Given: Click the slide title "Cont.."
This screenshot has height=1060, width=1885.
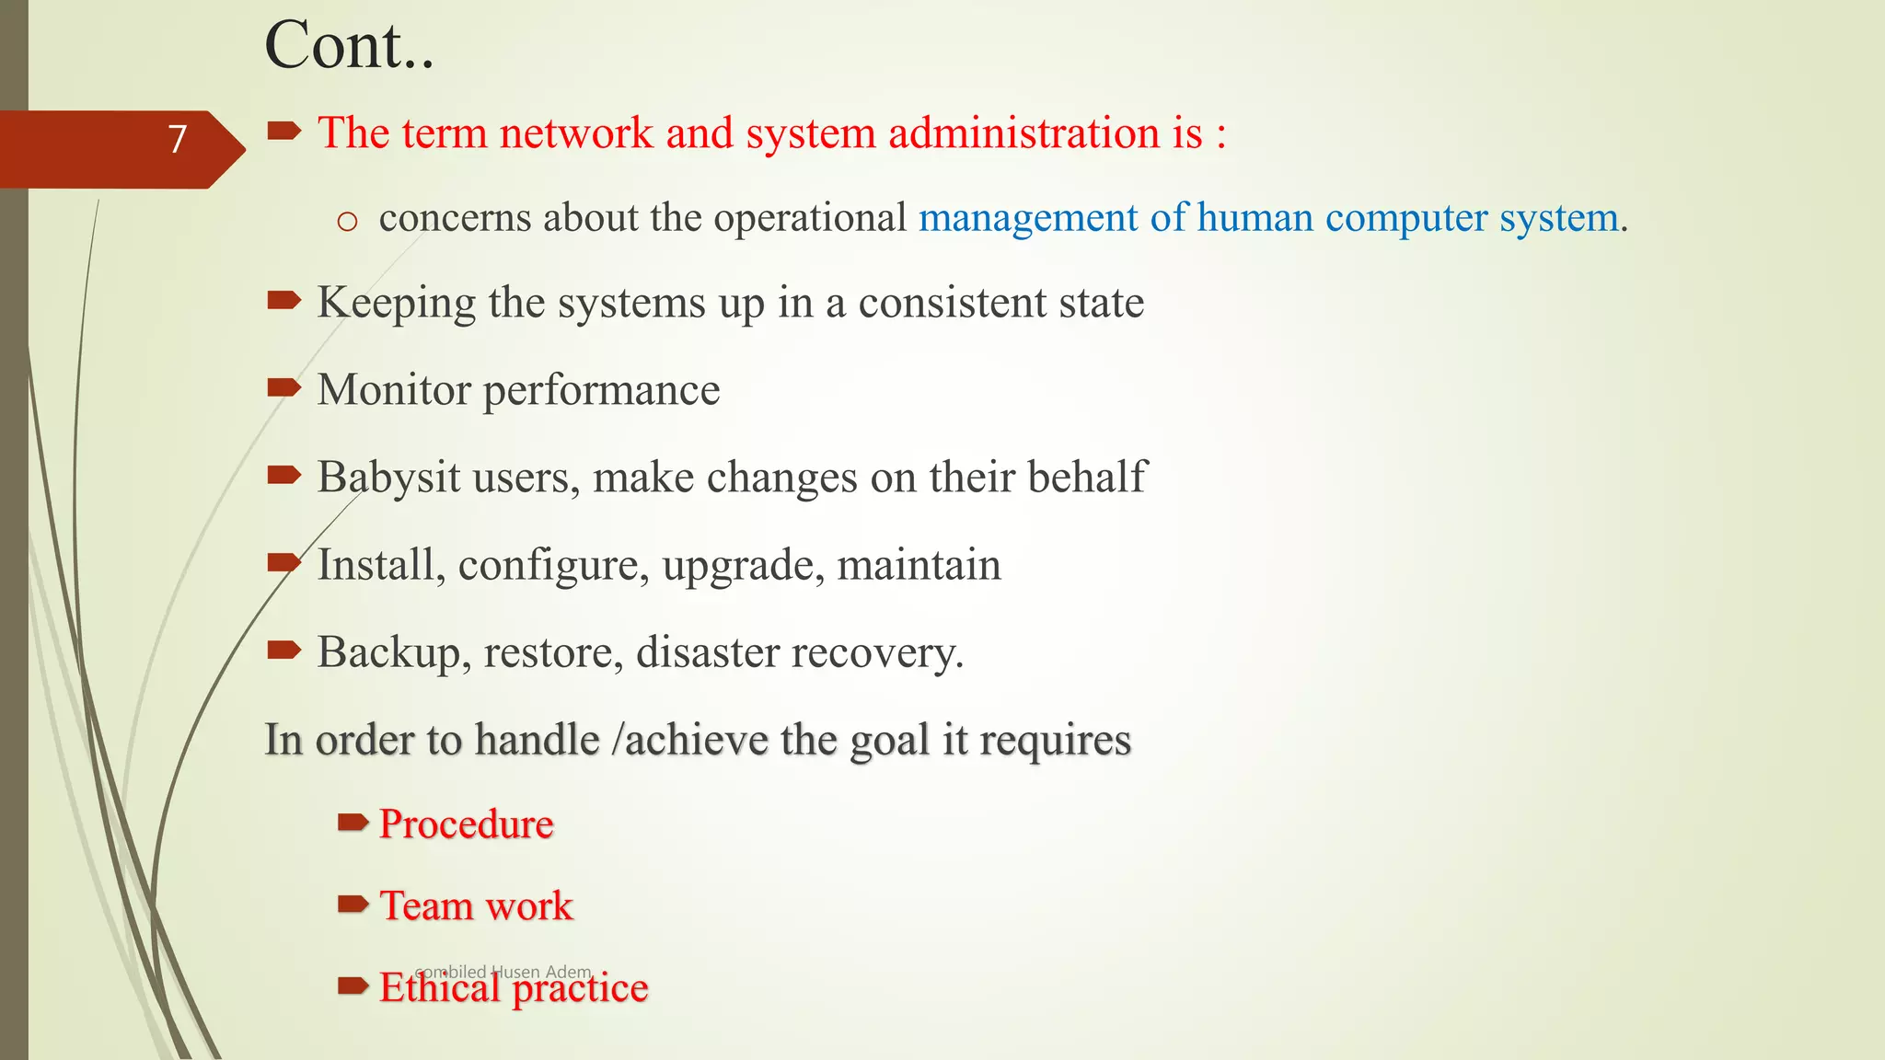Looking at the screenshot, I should coord(349,46).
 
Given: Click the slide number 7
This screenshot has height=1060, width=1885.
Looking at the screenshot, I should coord(178,140).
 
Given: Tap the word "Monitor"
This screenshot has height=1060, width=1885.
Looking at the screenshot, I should coord(394,390).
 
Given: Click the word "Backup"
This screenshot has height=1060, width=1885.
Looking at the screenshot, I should coord(388,653).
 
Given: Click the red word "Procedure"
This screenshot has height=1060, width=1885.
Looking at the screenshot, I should coord(466,824).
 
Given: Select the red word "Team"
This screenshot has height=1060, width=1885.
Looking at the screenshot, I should coord(425,906).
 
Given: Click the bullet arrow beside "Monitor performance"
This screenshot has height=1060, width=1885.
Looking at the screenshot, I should coord(283,388).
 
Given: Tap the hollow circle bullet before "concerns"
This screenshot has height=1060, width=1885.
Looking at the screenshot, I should coord(347,222).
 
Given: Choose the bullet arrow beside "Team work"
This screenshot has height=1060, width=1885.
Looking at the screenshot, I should coord(353,905).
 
